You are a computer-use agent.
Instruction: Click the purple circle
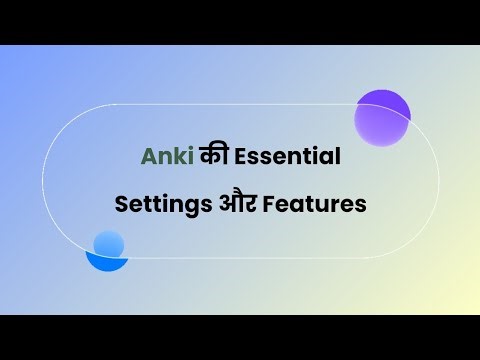click(x=382, y=117)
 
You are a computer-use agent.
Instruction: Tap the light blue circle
click(x=108, y=244)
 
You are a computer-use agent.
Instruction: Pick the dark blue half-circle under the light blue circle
click(x=107, y=264)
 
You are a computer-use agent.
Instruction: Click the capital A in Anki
click(x=148, y=157)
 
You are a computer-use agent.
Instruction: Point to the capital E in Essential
click(x=233, y=157)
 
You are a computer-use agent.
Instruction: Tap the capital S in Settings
click(x=122, y=204)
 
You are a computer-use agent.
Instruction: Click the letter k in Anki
click(x=175, y=157)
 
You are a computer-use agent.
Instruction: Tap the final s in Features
click(x=361, y=206)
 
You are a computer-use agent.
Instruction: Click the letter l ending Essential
click(x=338, y=156)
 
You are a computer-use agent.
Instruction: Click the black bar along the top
click(x=240, y=22)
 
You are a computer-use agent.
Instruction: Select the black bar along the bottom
click(x=240, y=337)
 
